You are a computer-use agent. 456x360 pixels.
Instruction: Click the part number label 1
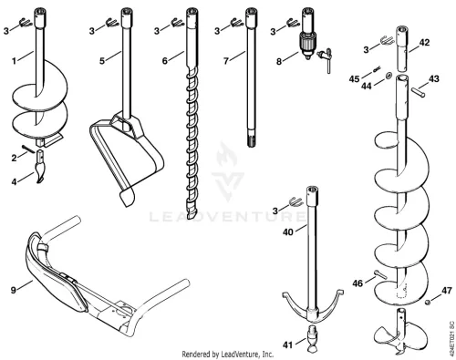[14, 61]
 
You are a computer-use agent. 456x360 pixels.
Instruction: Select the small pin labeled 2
[28, 149]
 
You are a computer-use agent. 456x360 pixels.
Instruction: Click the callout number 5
[102, 61]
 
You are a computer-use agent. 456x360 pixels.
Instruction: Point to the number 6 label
[165, 61]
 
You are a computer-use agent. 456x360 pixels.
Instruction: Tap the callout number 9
[13, 290]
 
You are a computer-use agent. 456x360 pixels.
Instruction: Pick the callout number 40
[288, 232]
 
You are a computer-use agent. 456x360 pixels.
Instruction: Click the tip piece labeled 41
[313, 339]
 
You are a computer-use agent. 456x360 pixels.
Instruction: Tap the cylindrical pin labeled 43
[419, 92]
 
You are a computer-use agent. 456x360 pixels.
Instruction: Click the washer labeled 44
[388, 76]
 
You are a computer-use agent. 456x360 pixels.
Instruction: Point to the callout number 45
[354, 79]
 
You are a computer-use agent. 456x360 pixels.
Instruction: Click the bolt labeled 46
[380, 274]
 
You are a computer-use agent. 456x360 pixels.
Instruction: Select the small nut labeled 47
[427, 302]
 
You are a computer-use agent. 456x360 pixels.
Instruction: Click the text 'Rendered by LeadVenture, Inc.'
[228, 355]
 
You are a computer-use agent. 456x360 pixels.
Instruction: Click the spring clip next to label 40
[295, 201]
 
